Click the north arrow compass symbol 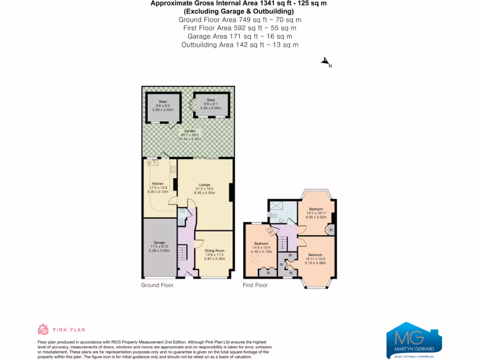tap(325, 62)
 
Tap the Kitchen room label tap(157, 183)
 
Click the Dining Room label tap(214, 251)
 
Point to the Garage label tap(159, 242)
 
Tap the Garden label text tap(189, 131)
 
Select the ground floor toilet tap(182, 222)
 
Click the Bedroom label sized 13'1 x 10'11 tap(316, 209)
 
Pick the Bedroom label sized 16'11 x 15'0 tap(315, 255)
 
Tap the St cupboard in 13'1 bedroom tap(330, 230)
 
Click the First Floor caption tap(255, 285)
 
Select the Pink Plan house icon tap(43, 330)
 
